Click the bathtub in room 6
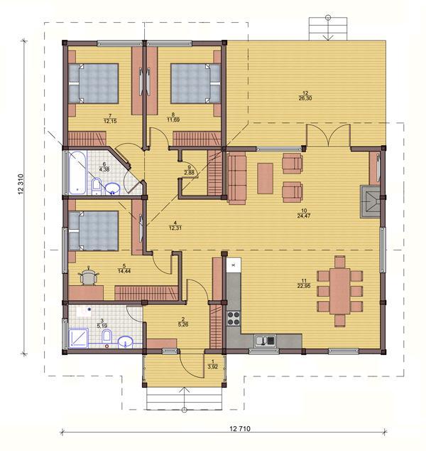77,173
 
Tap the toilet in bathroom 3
106,336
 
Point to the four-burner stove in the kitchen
234,318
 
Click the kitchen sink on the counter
265,341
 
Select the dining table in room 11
340,291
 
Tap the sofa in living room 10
237,179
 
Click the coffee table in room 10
266,179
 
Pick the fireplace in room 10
371,201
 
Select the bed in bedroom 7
94,83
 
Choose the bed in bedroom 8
196,83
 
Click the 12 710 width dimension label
240,428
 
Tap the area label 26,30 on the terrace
305,98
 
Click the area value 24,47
304,216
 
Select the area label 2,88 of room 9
189,173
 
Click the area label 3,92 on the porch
212,367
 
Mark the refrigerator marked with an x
234,265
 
